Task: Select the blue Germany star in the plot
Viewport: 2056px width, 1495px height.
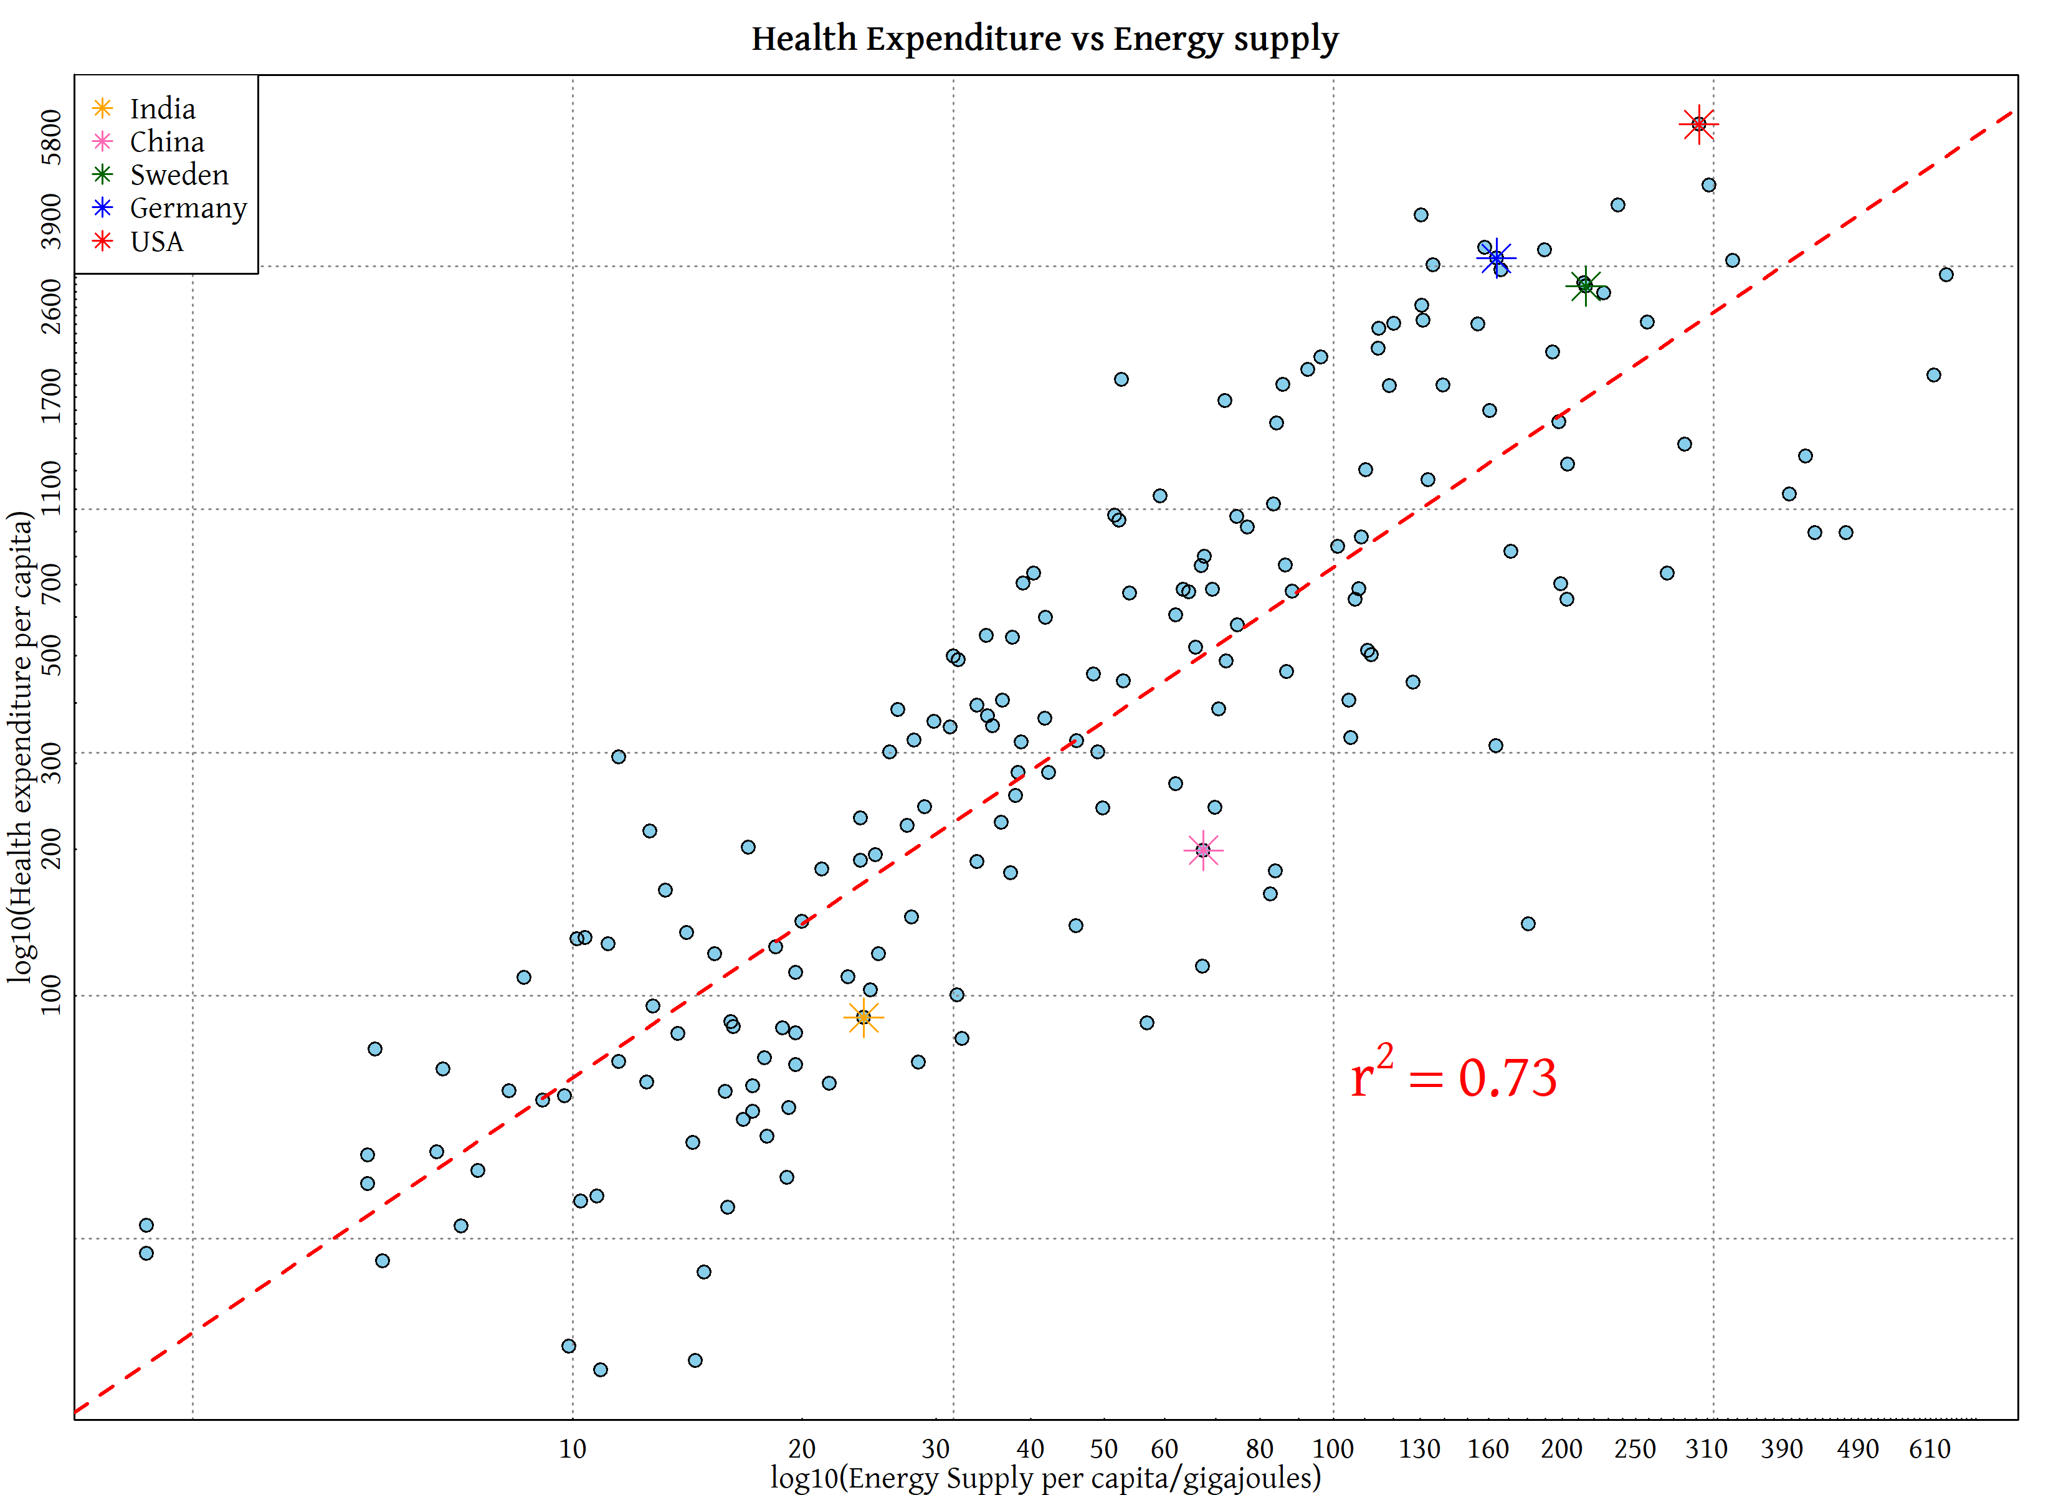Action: pyautogui.click(x=1496, y=259)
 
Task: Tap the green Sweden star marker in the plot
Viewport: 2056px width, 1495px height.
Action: pyautogui.click(x=1584, y=285)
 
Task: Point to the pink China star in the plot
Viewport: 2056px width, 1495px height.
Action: pyautogui.click(x=1203, y=850)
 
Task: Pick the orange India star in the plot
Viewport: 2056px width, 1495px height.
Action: pyautogui.click(x=863, y=1017)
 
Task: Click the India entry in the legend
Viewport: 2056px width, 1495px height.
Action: pyautogui.click(x=162, y=109)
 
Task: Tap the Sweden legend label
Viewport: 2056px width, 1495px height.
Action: pyautogui.click(x=179, y=175)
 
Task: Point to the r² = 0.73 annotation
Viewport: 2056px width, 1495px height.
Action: pyautogui.click(x=1453, y=1076)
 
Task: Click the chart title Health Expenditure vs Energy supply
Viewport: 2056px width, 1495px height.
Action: pyautogui.click(x=1044, y=39)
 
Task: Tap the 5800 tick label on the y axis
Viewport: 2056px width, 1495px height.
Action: pyautogui.click(x=52, y=137)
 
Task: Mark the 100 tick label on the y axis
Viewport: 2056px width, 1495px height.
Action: pyautogui.click(x=52, y=995)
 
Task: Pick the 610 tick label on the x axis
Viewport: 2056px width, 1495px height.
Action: pyautogui.click(x=1929, y=1449)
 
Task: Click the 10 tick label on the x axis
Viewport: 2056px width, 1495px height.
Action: pyautogui.click(x=572, y=1449)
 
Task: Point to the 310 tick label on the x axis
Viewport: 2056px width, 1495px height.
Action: pyautogui.click(x=1706, y=1449)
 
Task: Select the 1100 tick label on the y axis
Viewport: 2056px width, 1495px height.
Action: pyautogui.click(x=52, y=488)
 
